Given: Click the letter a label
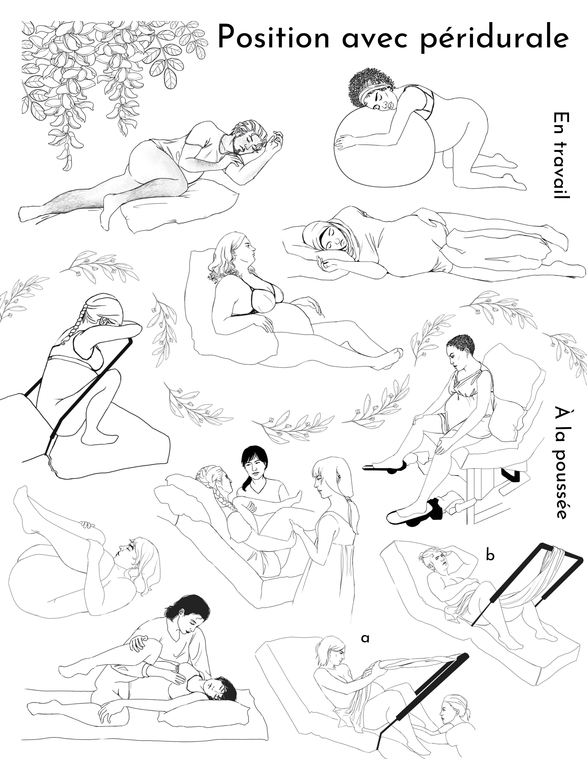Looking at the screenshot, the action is (x=365, y=638).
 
